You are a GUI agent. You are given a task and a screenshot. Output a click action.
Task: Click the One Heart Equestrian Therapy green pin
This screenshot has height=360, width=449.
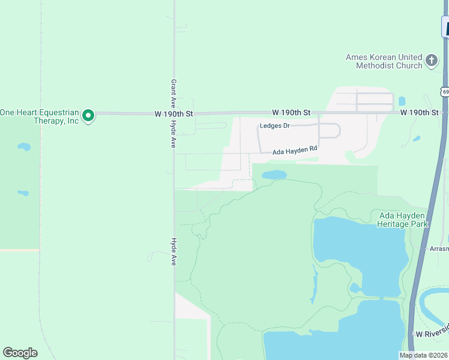click(88, 115)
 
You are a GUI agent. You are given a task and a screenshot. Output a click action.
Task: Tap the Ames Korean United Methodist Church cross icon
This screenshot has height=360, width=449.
click(431, 60)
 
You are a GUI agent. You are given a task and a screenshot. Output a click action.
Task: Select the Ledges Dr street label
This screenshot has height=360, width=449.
click(275, 126)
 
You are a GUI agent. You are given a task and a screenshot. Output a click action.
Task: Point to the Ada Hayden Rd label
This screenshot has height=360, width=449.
click(295, 152)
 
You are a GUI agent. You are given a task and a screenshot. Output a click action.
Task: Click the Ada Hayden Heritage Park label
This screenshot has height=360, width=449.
click(403, 220)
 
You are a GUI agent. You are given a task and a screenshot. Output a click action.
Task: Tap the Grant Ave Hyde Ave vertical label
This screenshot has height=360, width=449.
click(173, 113)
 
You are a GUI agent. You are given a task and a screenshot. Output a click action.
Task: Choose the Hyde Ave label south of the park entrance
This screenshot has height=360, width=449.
click(173, 252)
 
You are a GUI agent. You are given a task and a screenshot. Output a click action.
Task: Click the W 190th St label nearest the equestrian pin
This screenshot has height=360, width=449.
click(173, 113)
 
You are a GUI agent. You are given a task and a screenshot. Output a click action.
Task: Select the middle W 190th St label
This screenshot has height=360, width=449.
click(291, 112)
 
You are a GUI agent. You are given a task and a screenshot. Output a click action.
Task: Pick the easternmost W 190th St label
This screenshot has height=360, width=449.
click(420, 112)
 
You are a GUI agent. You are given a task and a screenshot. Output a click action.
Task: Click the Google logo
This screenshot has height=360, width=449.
click(20, 353)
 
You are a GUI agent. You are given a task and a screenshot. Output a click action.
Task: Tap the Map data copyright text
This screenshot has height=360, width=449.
click(424, 355)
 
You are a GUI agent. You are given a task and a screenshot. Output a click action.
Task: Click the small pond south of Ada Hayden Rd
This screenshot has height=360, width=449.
click(274, 175)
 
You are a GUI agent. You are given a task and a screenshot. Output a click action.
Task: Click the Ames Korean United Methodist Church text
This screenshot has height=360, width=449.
click(384, 61)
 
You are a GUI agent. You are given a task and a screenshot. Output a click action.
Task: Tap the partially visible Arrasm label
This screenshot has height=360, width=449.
click(439, 248)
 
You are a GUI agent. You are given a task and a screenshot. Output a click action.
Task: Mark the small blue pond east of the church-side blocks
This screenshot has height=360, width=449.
click(402, 101)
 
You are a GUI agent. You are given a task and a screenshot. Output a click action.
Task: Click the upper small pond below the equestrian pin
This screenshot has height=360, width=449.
click(24, 146)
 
